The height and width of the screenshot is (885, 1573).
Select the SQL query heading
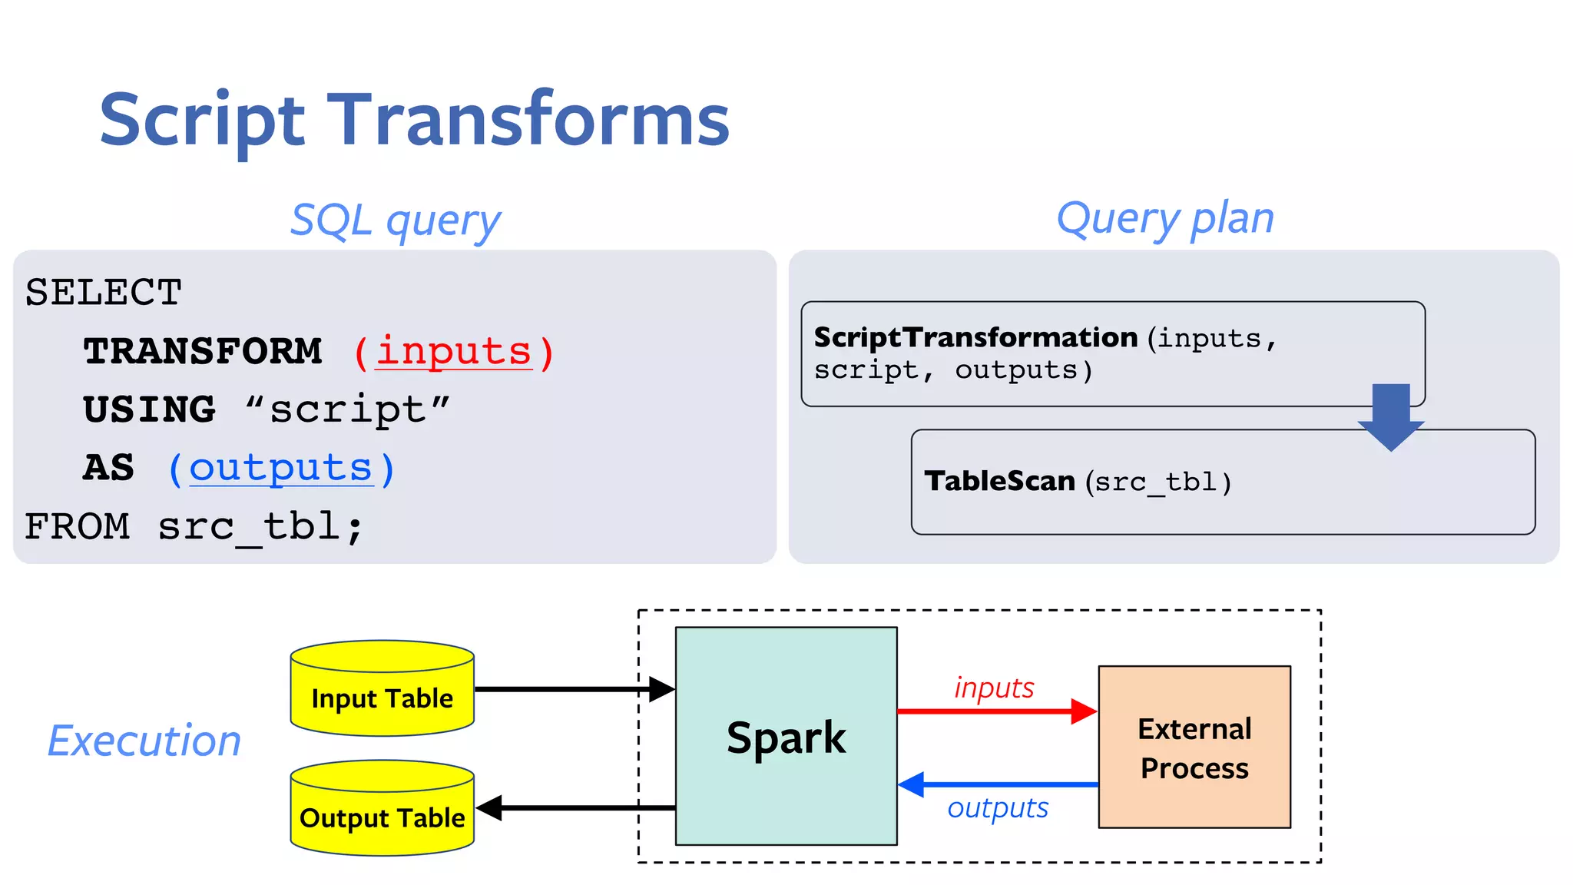click(x=396, y=221)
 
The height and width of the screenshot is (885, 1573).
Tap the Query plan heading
click(x=1165, y=219)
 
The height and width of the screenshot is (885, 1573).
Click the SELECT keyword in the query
click(x=104, y=293)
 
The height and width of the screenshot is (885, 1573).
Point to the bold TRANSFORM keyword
click(x=203, y=352)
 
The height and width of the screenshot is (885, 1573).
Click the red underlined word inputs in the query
click(x=453, y=352)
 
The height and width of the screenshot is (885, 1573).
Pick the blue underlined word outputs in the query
click(x=281, y=469)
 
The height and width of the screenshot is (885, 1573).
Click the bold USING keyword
click(x=150, y=410)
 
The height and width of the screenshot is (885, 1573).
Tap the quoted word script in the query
click(x=348, y=410)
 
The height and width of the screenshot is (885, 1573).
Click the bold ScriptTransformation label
click(x=975, y=337)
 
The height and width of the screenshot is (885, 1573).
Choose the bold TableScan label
click(x=999, y=481)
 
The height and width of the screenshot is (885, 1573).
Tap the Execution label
click(x=144, y=741)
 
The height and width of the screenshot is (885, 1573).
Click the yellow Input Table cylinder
click(x=382, y=689)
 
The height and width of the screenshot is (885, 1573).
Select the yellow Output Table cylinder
click(x=382, y=809)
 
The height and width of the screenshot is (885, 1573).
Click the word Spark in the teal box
click(x=786, y=737)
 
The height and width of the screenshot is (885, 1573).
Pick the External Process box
click(x=1194, y=747)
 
